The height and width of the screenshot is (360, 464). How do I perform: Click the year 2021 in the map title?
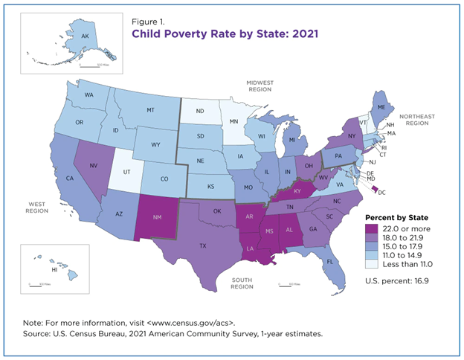click(276, 33)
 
